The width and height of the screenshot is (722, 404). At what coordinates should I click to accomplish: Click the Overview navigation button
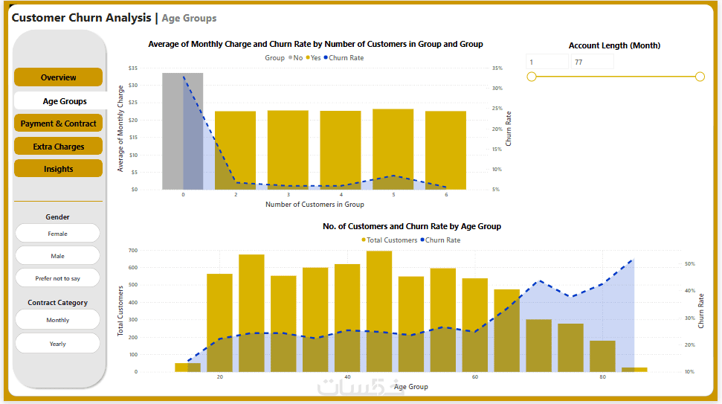(58, 77)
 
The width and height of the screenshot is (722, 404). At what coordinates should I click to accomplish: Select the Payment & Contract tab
(58, 124)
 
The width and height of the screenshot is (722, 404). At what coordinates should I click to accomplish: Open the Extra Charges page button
(58, 147)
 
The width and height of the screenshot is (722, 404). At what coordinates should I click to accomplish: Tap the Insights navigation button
(58, 169)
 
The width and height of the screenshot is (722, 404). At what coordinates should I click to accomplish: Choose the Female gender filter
(57, 234)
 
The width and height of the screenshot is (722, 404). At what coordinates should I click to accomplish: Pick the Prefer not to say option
(57, 278)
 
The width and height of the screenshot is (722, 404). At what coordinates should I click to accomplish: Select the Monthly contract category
(57, 320)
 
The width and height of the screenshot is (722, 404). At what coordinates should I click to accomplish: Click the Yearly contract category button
(57, 344)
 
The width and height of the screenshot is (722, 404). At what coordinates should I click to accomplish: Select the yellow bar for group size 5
(393, 149)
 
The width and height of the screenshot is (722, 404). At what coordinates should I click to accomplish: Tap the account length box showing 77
(592, 62)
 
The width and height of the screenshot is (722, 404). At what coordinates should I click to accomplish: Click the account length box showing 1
(547, 62)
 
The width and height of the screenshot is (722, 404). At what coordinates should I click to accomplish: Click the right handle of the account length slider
(700, 77)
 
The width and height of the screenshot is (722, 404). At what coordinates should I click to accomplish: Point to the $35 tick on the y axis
(133, 68)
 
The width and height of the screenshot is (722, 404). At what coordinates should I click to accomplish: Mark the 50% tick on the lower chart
(689, 264)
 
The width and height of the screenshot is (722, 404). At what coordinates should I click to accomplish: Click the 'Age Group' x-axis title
(411, 387)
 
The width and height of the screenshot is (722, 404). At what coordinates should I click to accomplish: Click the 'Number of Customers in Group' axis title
(315, 205)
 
